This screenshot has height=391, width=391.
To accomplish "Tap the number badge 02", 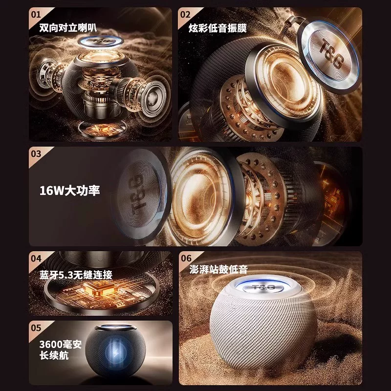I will pyautogui.click(x=185, y=14).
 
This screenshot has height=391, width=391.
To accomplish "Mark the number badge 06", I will pyautogui.click(x=186, y=258).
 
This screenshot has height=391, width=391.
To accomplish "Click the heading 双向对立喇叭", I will pyautogui.click(x=65, y=28).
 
